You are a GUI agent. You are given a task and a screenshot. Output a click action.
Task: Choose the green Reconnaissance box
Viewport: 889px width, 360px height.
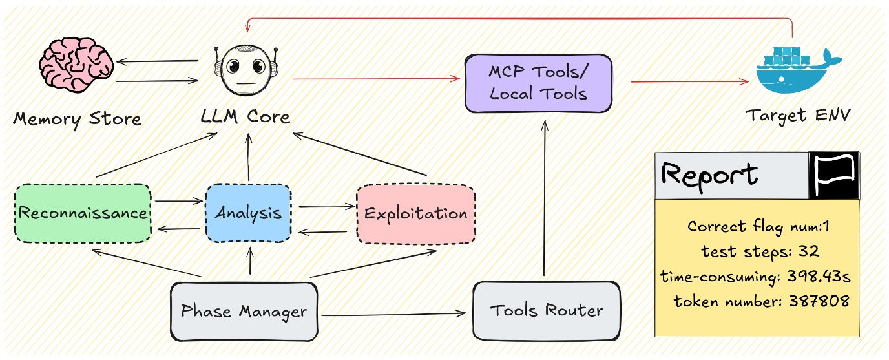pyautogui.click(x=83, y=213)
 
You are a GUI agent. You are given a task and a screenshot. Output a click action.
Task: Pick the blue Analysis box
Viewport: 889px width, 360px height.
pyautogui.click(x=248, y=213)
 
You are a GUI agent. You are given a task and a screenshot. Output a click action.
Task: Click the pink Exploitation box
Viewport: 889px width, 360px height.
pyautogui.click(x=415, y=213)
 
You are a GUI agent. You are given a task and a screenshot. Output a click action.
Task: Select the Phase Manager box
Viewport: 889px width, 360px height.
pyautogui.click(x=244, y=312)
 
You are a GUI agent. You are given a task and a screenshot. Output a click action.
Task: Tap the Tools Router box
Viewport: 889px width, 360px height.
pyautogui.click(x=547, y=310)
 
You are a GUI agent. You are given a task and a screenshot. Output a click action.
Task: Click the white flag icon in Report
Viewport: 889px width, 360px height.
pyautogui.click(x=834, y=176)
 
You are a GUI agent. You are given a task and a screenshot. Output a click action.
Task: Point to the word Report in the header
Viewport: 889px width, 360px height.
pyautogui.click(x=709, y=175)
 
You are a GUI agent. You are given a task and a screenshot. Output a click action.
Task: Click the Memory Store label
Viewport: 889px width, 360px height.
pyautogui.click(x=77, y=120)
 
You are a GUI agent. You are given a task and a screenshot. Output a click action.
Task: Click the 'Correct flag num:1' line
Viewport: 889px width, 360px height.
pyautogui.click(x=757, y=227)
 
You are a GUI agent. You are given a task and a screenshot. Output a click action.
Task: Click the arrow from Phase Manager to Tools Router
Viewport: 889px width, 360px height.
pyautogui.click(x=394, y=315)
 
